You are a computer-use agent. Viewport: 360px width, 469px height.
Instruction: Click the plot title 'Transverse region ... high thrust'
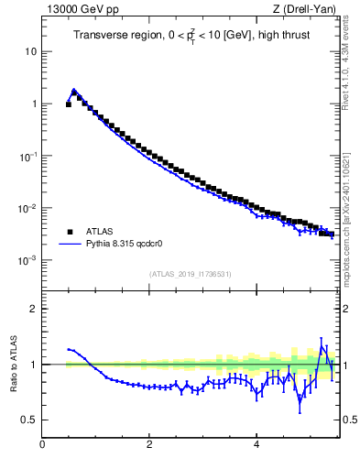(x=190, y=36)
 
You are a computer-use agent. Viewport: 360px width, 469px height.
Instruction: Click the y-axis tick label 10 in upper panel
(x=30, y=51)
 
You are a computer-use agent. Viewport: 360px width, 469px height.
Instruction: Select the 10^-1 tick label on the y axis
(x=27, y=156)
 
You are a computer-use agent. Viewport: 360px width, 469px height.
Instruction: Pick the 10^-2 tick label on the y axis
(x=27, y=208)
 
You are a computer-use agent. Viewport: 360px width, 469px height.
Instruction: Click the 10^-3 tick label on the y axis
(x=27, y=260)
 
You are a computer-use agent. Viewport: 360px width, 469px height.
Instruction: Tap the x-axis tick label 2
(x=149, y=445)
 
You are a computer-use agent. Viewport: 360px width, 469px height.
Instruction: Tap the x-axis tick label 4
(x=256, y=445)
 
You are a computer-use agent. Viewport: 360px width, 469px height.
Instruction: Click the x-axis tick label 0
(x=42, y=445)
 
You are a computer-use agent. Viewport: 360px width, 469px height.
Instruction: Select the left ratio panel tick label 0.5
(x=29, y=420)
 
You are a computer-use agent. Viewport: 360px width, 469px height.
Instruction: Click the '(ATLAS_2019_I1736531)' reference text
(x=190, y=274)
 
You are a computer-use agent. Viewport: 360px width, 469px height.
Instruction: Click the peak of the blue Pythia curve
(x=74, y=90)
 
